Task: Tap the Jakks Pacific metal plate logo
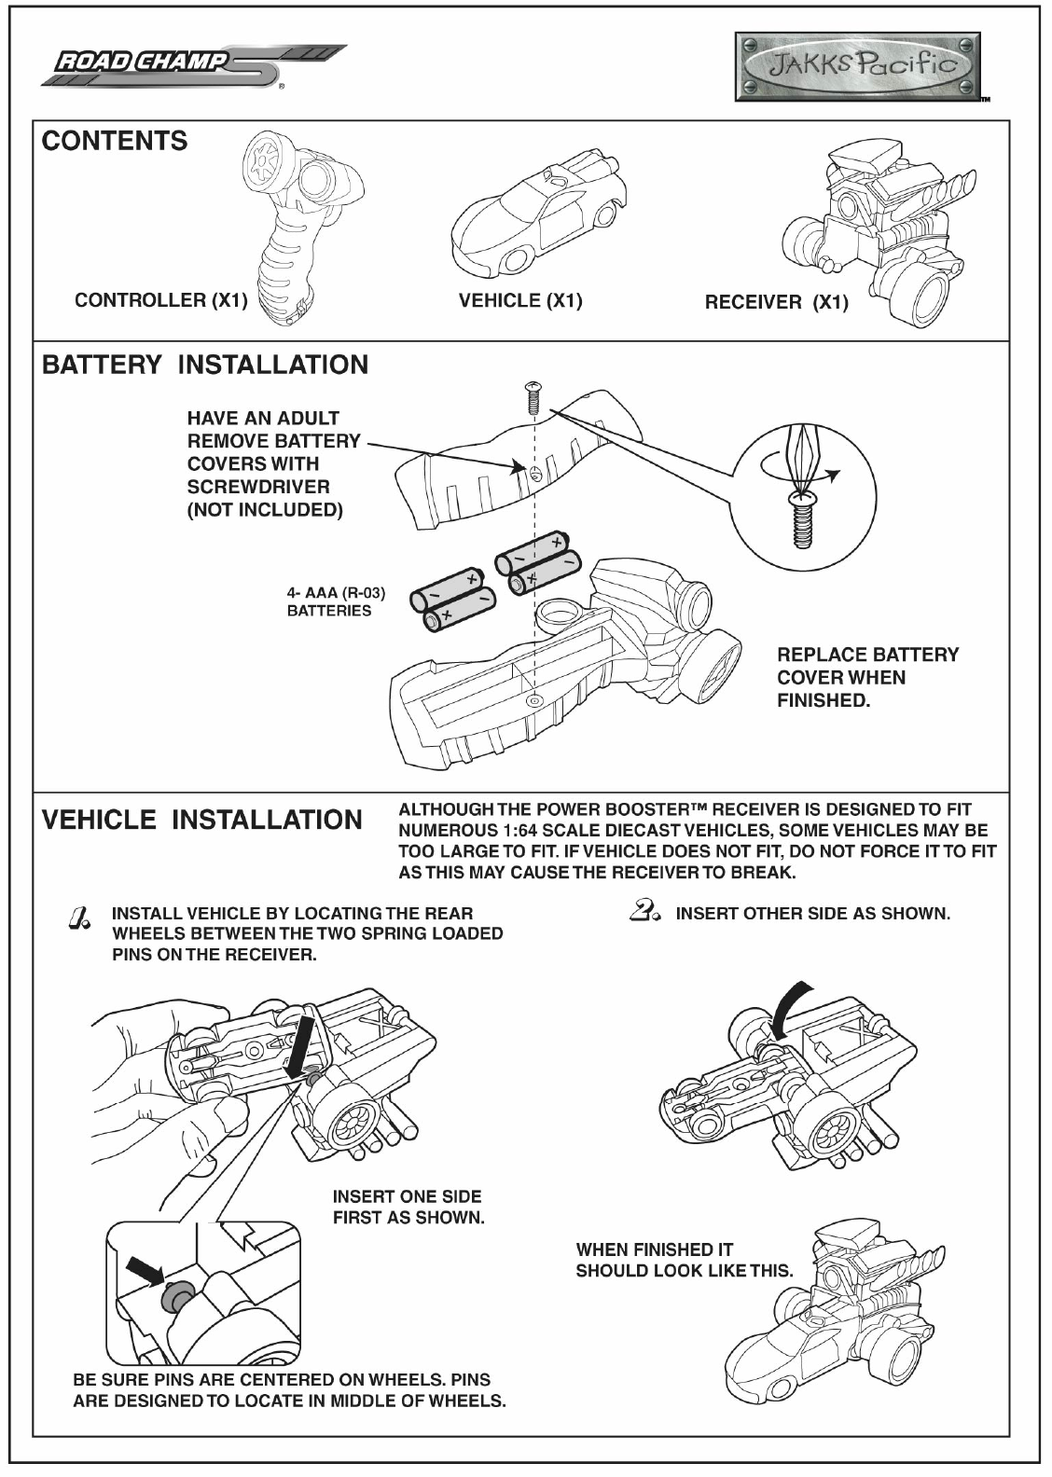pos(857,65)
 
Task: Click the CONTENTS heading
pos(115,142)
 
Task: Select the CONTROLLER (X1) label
pos(160,300)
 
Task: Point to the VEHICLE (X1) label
pos(520,300)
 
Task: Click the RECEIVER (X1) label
pos(776,302)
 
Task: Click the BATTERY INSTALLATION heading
pos(205,365)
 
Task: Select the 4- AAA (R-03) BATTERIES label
pos(335,601)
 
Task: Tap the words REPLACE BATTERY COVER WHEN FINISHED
pos(867,678)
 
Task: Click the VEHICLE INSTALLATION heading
pos(202,821)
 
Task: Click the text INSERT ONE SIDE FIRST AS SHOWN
pos(408,1207)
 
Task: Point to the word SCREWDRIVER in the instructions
pos(258,487)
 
